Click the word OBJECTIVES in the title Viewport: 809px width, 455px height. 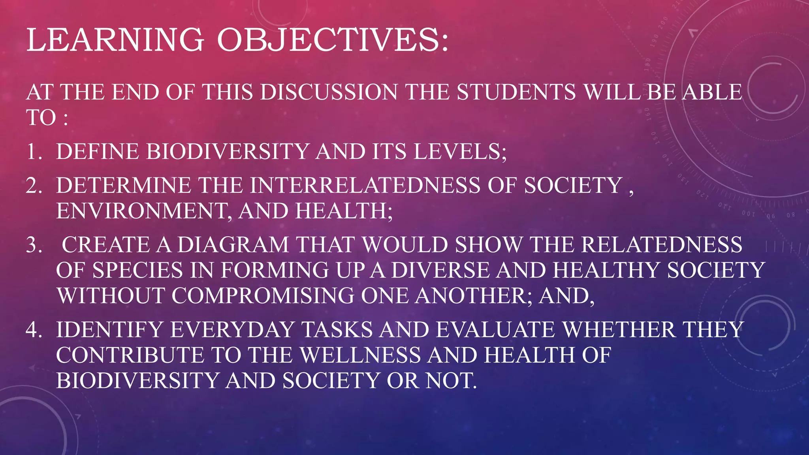coord(333,39)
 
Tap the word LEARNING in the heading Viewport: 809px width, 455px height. coord(115,39)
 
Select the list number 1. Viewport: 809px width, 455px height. coord(33,151)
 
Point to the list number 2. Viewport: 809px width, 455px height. coord(33,185)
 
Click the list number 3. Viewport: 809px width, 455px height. coord(33,244)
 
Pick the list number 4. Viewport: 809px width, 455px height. coord(33,329)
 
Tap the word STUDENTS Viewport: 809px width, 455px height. coord(516,92)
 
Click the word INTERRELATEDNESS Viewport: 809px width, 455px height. coord(365,185)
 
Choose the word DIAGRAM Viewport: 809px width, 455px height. coord(233,244)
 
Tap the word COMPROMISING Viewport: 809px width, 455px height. coord(263,296)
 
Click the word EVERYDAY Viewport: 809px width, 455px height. coord(232,329)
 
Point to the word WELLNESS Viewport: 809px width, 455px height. coord(361,355)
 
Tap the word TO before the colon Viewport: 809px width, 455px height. coord(41,118)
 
